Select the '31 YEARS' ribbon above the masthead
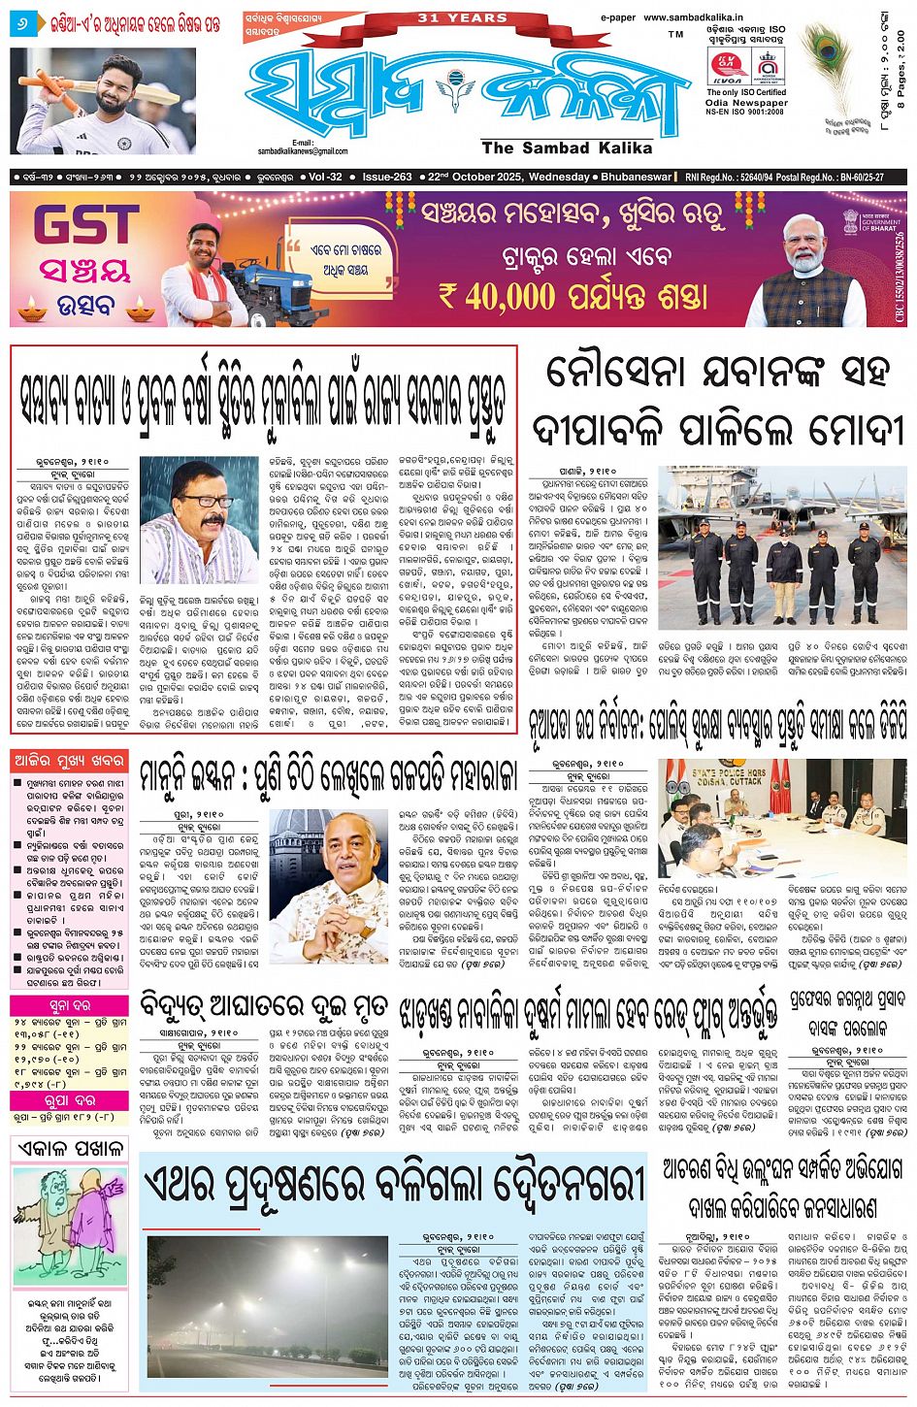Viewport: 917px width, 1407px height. [x=461, y=17]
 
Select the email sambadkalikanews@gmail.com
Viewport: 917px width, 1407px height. [x=302, y=150]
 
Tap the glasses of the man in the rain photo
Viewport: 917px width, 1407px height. [x=204, y=500]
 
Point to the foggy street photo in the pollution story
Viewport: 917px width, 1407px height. [x=267, y=1305]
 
